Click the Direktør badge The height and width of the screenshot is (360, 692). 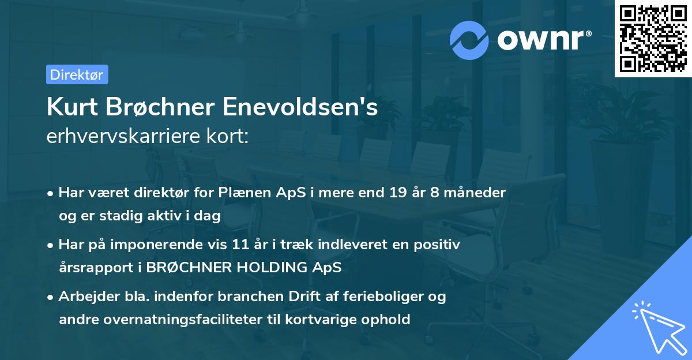point(77,74)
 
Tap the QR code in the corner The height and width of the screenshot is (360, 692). point(653,38)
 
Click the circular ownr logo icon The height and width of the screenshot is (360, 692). point(469,40)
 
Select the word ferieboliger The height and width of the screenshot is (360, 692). point(389,297)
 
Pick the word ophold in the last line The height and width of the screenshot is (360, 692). point(389,319)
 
